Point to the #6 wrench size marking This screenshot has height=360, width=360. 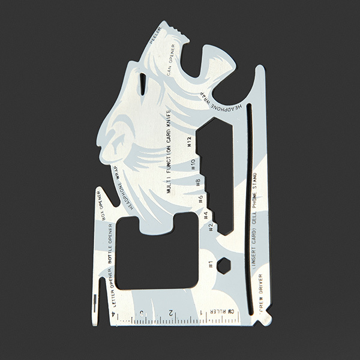(200, 199)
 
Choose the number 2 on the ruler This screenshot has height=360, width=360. (172, 313)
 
